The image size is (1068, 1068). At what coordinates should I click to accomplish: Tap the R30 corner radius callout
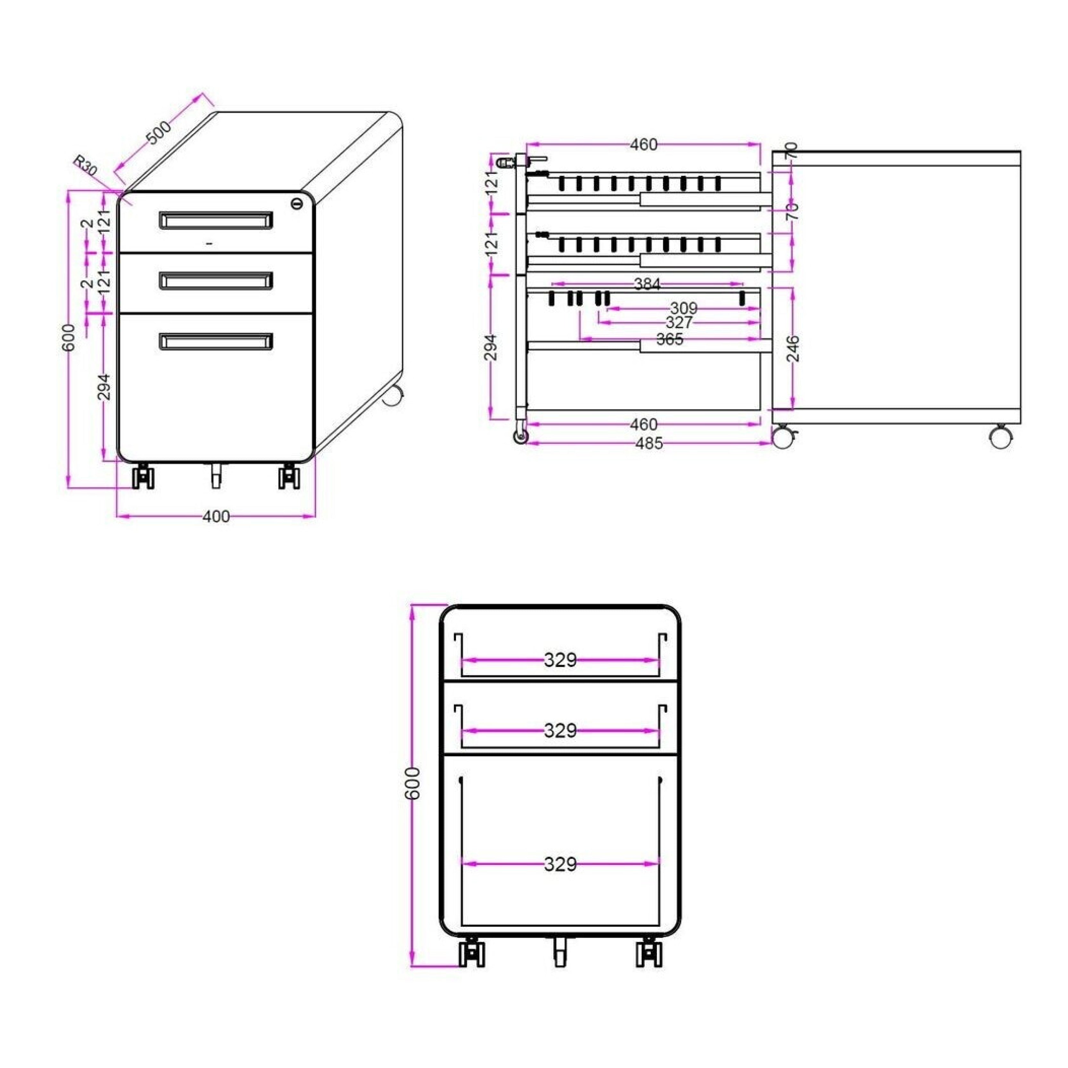85,165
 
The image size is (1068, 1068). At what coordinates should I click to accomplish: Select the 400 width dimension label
216,516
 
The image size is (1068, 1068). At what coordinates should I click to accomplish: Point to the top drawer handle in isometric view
216,220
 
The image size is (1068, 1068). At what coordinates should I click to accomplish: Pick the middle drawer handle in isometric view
216,281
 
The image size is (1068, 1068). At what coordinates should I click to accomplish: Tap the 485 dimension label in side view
649,443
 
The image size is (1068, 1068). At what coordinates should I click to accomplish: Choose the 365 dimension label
670,339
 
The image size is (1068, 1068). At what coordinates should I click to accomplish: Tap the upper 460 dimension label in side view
644,145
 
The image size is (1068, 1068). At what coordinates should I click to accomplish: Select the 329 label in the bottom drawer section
560,864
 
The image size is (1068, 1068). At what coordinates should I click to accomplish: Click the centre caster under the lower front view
560,952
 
